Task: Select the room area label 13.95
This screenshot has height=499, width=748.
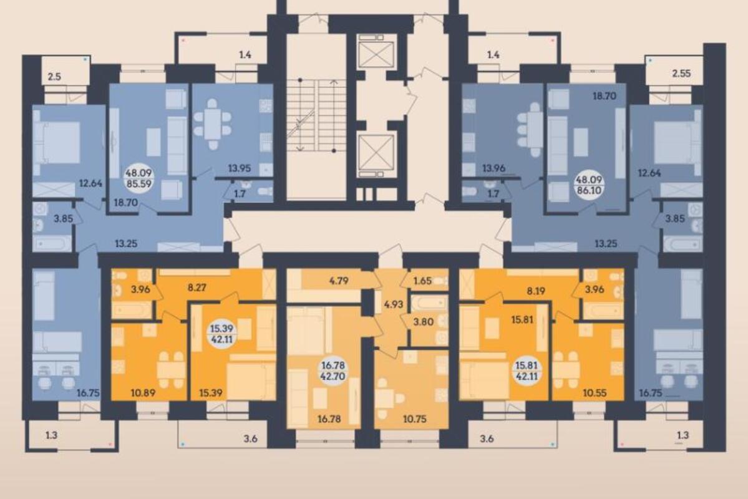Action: [240, 168]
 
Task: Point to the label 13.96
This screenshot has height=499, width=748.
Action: [493, 168]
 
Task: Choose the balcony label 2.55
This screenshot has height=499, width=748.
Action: [681, 74]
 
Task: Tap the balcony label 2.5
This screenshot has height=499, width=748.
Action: [55, 76]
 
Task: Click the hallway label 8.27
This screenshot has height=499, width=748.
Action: [197, 288]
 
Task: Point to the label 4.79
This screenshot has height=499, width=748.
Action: [339, 281]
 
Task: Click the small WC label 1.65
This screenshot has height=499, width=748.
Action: [422, 281]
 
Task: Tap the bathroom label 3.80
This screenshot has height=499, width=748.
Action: [424, 321]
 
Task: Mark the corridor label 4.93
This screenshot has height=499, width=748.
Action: [394, 304]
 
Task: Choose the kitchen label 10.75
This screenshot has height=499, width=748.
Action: [414, 419]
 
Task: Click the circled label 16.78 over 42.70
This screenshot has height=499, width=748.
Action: [334, 371]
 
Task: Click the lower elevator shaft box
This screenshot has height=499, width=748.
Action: [376, 153]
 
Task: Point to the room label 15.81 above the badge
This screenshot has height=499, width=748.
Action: [522, 319]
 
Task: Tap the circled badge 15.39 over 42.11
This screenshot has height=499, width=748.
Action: [222, 334]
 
